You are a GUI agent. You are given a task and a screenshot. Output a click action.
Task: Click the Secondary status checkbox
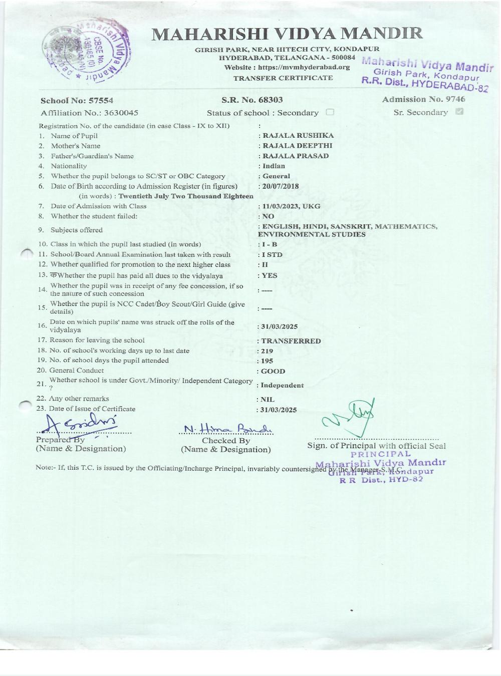(x=330, y=112)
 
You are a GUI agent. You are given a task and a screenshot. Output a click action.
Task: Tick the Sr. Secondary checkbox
(x=459, y=112)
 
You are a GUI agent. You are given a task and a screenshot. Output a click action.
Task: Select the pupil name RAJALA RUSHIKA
(x=298, y=136)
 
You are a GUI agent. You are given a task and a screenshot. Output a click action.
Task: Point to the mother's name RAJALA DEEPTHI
(x=297, y=146)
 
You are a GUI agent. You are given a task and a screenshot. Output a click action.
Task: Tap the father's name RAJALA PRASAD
(x=296, y=156)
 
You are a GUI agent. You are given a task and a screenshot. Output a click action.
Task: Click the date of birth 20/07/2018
(x=281, y=186)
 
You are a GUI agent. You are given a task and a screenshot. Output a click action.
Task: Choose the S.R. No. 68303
(x=252, y=100)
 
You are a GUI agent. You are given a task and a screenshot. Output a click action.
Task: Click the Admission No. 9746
(x=423, y=99)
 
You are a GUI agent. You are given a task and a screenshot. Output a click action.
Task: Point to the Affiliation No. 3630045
(x=90, y=113)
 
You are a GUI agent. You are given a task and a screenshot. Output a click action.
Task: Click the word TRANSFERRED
(x=291, y=341)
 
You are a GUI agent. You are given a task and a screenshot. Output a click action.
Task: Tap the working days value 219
(x=268, y=351)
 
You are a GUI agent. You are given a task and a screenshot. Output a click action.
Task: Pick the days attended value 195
(x=268, y=361)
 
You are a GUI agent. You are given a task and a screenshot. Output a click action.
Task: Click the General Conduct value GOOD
(x=273, y=372)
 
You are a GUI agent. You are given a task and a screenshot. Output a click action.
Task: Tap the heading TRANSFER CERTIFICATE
(x=283, y=78)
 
